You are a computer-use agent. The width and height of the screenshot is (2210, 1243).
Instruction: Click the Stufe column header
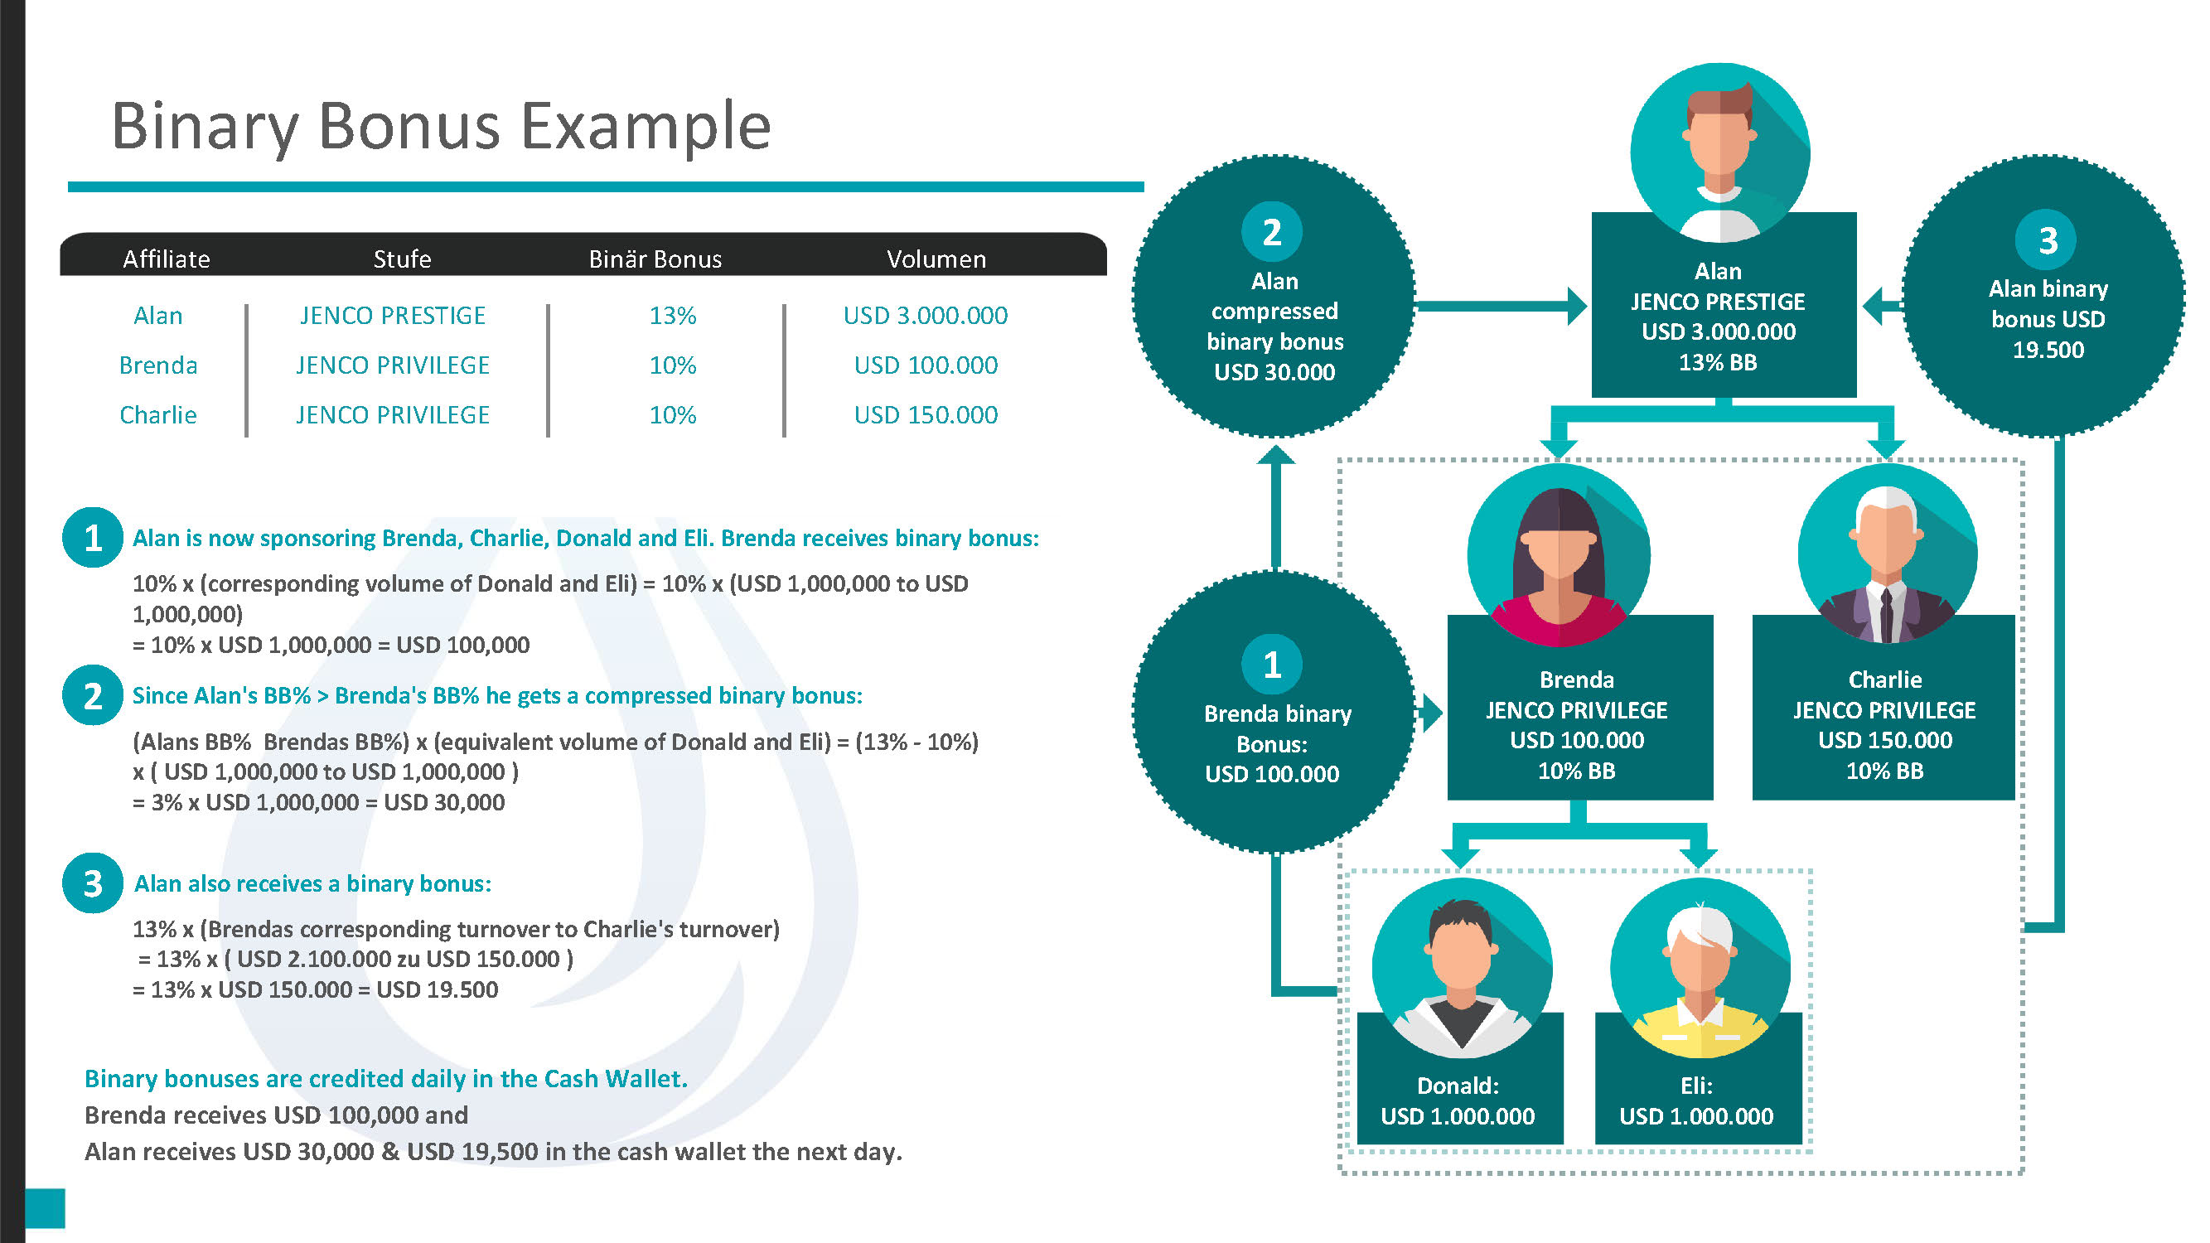(403, 259)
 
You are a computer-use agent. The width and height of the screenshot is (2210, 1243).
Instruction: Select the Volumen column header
(936, 259)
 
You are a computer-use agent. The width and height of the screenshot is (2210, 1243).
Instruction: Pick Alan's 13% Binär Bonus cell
(673, 316)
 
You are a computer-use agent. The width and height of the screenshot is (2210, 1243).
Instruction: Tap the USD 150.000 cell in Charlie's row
(926, 415)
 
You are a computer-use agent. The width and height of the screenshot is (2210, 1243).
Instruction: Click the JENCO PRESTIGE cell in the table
(393, 316)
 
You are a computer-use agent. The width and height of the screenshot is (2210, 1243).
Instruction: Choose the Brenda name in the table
(157, 365)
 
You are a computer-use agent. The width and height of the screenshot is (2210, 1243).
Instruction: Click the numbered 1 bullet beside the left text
(93, 538)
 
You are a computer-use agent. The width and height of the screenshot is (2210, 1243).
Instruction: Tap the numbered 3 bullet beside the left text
(93, 883)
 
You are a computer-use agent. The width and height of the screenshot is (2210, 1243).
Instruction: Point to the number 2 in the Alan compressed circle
(1271, 232)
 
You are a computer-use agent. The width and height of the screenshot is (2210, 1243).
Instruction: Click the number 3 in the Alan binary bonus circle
(2047, 240)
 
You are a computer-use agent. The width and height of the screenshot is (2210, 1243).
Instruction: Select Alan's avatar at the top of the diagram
(1720, 152)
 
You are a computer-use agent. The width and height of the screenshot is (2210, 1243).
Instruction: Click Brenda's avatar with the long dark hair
(1558, 555)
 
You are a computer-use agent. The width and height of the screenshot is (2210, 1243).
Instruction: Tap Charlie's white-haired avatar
(1888, 554)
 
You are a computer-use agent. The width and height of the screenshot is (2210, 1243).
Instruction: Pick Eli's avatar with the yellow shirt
(1700, 968)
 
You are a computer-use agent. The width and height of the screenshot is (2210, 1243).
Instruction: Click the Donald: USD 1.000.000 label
(1458, 1100)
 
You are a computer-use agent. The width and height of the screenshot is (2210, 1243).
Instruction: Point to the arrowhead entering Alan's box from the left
(1577, 307)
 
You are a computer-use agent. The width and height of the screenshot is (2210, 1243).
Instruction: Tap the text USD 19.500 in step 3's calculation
(438, 990)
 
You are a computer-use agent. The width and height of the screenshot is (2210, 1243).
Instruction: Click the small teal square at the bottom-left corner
(45, 1208)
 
